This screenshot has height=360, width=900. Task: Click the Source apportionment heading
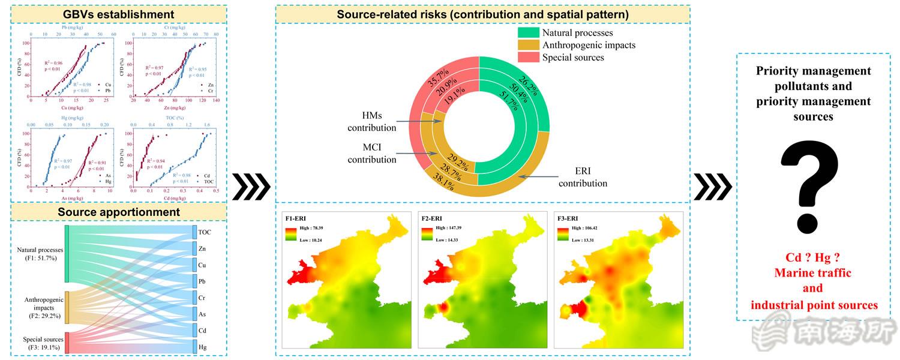coord(118,212)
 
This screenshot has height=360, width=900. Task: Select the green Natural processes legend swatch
coord(527,33)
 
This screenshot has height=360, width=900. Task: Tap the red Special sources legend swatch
coord(527,58)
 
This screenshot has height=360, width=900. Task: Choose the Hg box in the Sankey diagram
coord(203,346)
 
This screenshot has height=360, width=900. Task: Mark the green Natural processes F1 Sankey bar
coord(67,254)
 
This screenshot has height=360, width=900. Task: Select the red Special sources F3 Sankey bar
coord(67,343)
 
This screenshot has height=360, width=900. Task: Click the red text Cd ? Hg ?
coord(812,257)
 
